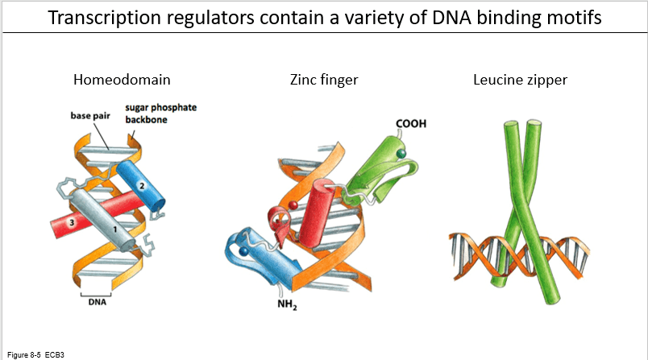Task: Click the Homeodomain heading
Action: (122, 80)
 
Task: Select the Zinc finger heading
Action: (324, 80)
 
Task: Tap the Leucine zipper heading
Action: (520, 80)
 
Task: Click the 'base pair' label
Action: (90, 116)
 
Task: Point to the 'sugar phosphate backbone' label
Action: (160, 114)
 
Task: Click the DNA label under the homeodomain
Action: (97, 302)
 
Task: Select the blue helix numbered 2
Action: (140, 185)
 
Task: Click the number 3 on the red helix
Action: (72, 223)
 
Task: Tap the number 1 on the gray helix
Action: (115, 230)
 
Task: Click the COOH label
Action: (411, 124)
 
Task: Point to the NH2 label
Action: (287, 304)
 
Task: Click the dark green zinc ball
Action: (401, 154)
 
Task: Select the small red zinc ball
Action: (293, 205)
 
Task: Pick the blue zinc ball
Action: (244, 251)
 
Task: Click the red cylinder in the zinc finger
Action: (317, 213)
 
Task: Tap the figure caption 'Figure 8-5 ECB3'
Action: (35, 355)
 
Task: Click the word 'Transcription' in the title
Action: (105, 18)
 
